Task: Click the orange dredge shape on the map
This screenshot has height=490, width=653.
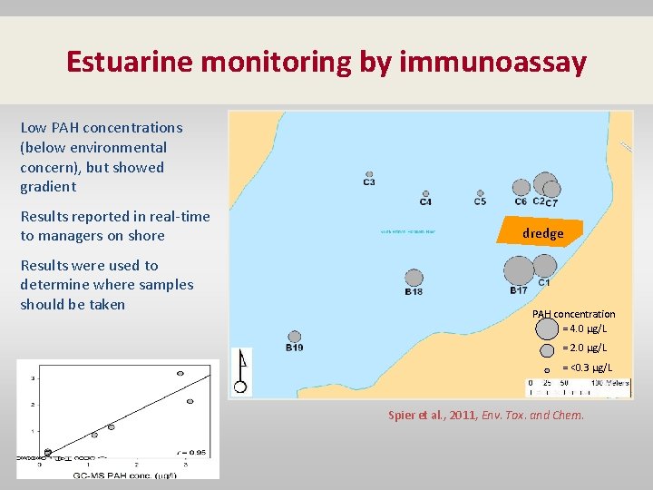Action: point(541,232)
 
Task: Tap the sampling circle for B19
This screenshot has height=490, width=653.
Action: point(295,337)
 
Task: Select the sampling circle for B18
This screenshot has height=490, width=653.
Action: point(414,278)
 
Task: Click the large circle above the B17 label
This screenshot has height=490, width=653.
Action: point(519,270)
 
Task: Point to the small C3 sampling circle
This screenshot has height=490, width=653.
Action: point(369,174)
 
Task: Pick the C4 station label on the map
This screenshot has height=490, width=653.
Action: point(425,201)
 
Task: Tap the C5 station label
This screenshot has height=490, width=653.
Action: point(480,201)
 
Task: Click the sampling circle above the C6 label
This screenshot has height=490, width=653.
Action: point(521,188)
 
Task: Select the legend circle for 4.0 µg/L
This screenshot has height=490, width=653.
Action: point(547,324)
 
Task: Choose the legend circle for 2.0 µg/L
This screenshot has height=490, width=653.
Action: point(547,350)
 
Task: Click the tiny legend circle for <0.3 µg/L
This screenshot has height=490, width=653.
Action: point(547,370)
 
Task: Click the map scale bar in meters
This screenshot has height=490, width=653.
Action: point(566,383)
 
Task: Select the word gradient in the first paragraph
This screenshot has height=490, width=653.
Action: point(48,187)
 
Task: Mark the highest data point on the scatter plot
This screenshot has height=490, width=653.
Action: point(180,373)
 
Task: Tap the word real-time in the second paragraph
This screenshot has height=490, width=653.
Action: point(179,216)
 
